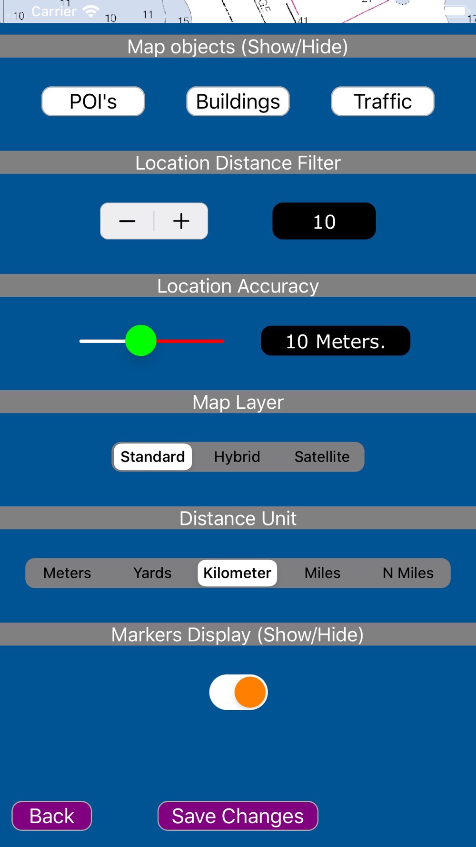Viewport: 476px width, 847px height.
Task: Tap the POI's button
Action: (x=93, y=101)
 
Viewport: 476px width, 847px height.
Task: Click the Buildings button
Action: (x=238, y=101)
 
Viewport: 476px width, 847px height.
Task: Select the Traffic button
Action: (x=383, y=101)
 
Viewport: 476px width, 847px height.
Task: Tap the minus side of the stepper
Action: (x=127, y=221)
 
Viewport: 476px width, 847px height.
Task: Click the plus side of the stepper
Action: (x=181, y=221)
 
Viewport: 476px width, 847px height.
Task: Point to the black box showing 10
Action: (x=324, y=221)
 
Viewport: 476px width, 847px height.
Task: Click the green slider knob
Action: (x=141, y=341)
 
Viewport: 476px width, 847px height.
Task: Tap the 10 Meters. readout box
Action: (x=336, y=341)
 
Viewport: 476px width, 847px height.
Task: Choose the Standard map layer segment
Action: (x=153, y=457)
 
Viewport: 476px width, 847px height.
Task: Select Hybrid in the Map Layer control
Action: (x=237, y=457)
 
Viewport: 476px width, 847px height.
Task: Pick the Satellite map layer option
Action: (x=322, y=457)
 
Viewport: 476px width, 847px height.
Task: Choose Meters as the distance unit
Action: (x=67, y=573)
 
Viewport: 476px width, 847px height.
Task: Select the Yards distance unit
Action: (x=152, y=573)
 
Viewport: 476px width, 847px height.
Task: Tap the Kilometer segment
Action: (x=238, y=573)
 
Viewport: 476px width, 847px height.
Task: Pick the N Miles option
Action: (x=408, y=573)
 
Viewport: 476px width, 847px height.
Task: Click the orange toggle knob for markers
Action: (x=250, y=692)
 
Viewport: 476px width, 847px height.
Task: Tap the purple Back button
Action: (x=52, y=816)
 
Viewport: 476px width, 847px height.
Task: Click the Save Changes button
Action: (x=238, y=816)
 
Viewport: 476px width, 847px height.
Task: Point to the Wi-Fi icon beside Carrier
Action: (x=90, y=11)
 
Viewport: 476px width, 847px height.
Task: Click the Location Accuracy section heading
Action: (x=238, y=286)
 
